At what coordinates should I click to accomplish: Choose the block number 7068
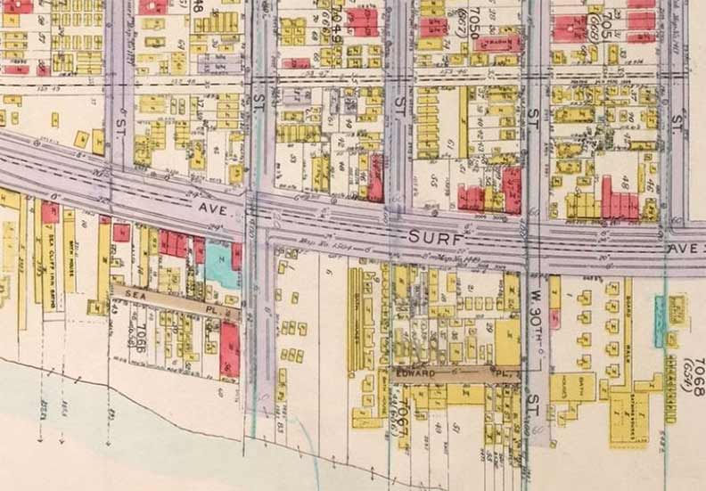pos(696,372)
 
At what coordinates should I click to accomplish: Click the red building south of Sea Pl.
pos(230,348)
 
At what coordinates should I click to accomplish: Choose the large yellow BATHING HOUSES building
pos(623,420)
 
